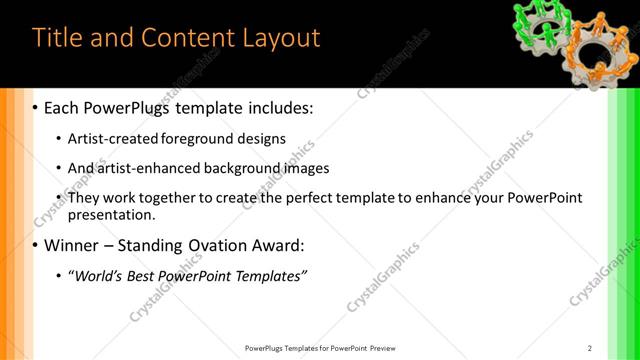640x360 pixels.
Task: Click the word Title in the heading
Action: coord(57,38)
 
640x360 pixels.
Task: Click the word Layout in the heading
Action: coord(280,38)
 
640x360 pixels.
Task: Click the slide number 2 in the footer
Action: coord(590,348)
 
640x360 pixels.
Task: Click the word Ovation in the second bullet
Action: coord(221,245)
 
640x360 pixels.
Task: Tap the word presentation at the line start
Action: coord(111,214)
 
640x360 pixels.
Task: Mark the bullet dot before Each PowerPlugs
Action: coord(36,107)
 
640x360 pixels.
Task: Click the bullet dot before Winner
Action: coord(36,245)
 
